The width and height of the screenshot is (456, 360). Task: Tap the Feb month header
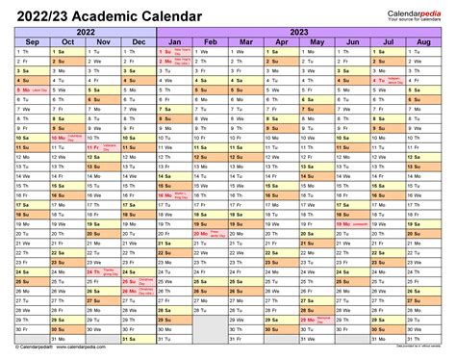point(210,42)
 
